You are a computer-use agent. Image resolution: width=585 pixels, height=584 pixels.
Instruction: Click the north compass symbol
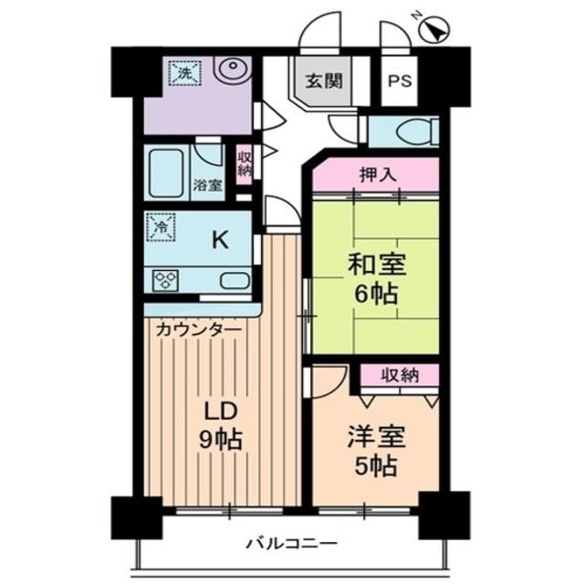(434, 32)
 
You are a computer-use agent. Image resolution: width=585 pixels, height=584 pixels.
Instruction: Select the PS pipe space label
(400, 80)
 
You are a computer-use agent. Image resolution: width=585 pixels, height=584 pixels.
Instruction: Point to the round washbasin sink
(234, 69)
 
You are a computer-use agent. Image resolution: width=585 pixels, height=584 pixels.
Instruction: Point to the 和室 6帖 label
(375, 280)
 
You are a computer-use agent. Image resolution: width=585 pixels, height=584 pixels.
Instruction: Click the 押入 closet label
(375, 173)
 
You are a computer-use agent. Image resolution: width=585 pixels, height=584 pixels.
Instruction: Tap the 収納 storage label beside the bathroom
(244, 163)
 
